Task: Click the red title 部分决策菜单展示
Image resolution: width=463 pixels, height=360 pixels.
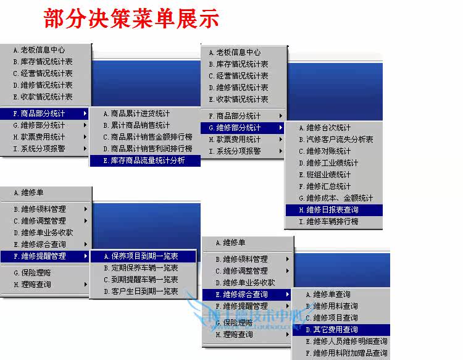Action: [131, 19]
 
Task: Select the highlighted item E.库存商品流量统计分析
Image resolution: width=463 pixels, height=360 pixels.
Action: [143, 161]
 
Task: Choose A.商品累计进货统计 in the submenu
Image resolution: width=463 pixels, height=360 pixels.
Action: [136, 114]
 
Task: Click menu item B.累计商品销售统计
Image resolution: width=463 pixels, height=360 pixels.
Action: [136, 125]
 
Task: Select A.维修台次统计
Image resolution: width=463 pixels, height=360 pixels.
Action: [325, 128]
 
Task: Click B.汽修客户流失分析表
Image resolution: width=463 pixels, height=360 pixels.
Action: [336, 140]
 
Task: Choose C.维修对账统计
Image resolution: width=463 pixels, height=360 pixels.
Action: [325, 151]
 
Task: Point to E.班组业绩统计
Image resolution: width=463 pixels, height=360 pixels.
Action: [325, 175]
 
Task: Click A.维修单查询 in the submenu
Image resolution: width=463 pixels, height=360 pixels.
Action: [328, 295]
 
